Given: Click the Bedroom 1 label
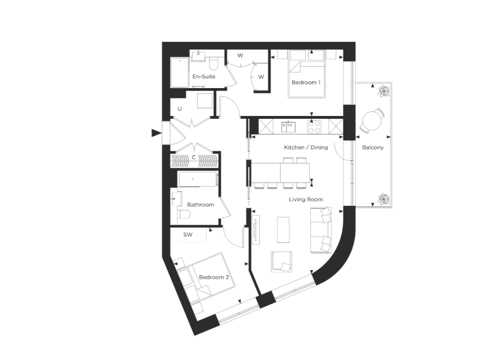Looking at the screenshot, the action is (306, 82).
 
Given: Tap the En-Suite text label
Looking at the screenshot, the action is (204, 77).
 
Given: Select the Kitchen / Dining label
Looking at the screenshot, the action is (306, 147).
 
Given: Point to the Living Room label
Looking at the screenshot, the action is (306, 199).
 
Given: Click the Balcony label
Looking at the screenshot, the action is (372, 147).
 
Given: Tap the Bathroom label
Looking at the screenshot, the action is (201, 205).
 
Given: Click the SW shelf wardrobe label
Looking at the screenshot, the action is (188, 235).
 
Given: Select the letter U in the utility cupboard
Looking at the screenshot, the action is (180, 109).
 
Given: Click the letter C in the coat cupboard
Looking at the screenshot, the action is (194, 158).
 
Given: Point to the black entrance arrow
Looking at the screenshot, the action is (156, 133).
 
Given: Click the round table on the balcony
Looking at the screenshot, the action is (372, 120).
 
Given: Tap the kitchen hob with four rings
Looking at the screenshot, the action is (314, 127).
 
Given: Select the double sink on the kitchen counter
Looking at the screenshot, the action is (288, 127).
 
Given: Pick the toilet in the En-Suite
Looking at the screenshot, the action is (214, 64).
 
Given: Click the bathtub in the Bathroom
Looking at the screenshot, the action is (198, 179).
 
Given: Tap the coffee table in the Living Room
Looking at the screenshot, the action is (283, 230).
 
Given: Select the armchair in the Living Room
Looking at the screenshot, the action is (282, 261).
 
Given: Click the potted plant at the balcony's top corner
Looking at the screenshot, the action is (384, 91).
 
